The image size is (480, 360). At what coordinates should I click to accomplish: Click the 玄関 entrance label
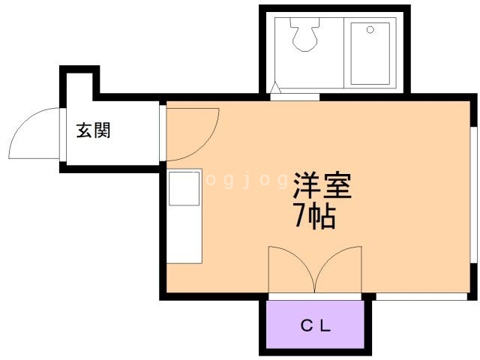(x=93, y=130)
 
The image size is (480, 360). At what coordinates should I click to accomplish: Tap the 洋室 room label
(x=322, y=185)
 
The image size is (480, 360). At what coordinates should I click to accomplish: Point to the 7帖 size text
(x=315, y=216)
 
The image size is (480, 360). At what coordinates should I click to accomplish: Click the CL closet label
(x=315, y=325)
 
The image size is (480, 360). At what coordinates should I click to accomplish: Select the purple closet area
(x=315, y=324)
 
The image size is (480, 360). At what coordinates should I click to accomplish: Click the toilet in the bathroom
(x=305, y=34)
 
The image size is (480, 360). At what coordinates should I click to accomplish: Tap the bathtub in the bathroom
(x=370, y=53)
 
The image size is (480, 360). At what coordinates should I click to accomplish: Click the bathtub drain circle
(x=370, y=30)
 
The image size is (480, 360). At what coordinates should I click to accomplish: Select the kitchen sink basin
(x=184, y=188)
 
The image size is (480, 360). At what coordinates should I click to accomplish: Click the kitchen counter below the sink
(x=184, y=235)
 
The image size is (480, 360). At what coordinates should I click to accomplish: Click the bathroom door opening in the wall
(x=295, y=97)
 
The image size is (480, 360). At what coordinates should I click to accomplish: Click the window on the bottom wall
(x=421, y=296)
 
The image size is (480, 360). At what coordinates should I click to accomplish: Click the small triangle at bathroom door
(x=275, y=88)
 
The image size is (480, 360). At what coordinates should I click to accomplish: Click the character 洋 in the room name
(x=307, y=185)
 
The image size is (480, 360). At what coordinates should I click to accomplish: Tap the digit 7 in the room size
(x=300, y=216)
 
